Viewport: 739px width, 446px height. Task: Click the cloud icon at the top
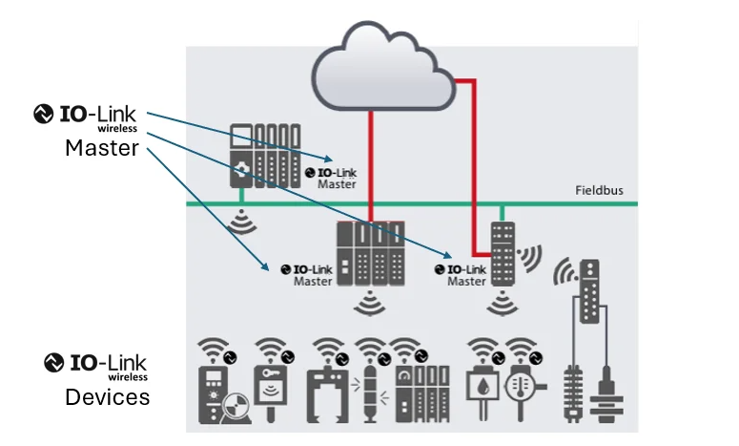pyautogui.click(x=382, y=72)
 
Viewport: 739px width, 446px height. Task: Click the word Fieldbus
pyautogui.click(x=599, y=190)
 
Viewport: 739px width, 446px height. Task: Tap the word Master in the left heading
pyautogui.click(x=102, y=149)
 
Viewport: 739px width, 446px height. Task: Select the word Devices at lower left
pyautogui.click(x=107, y=396)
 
